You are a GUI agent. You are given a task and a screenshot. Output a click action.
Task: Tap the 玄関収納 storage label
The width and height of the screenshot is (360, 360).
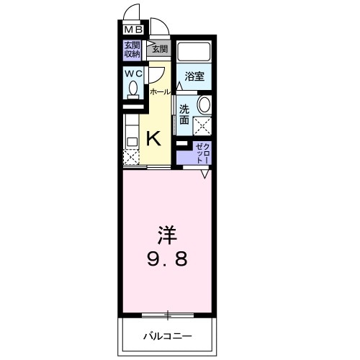point(132,49)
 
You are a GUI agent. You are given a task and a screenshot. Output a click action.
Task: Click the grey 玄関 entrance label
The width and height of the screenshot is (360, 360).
point(159,49)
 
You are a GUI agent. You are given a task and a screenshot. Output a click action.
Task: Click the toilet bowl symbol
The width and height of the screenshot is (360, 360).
point(133,89)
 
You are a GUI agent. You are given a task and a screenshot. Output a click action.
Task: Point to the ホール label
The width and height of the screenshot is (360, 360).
point(160,91)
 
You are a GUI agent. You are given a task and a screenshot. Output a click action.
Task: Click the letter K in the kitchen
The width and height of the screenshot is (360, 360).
point(153,138)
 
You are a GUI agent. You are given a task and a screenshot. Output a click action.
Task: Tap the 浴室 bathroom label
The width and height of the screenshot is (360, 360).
point(194,76)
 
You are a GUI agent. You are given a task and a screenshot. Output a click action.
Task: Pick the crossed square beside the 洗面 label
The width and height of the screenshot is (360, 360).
point(202,126)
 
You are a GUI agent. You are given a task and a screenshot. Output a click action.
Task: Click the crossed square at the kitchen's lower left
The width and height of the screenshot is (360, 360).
point(130,157)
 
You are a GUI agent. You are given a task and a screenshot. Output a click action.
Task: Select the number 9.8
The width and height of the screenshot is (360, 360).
point(168,258)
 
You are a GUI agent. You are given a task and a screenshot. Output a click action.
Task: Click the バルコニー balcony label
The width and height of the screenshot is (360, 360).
point(166,335)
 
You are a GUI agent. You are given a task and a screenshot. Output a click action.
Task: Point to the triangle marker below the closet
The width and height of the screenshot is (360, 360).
point(205,173)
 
